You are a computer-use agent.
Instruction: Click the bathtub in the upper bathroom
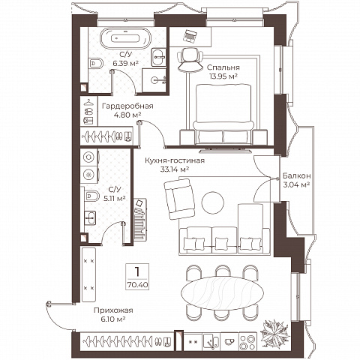click(125, 38)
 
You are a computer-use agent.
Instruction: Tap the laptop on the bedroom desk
click(190, 35)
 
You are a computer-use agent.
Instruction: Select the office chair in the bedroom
click(190, 60)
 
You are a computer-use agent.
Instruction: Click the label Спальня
click(223, 67)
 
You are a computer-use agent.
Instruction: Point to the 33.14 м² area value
click(174, 169)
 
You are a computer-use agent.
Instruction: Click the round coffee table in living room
click(213, 202)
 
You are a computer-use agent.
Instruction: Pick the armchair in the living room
click(179, 198)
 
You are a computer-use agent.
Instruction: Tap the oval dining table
click(222, 292)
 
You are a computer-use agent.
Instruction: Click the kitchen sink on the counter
click(211, 341)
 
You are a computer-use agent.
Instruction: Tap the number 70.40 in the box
click(137, 285)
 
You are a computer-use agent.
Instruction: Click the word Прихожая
click(113, 310)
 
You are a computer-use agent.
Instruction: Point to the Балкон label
click(297, 175)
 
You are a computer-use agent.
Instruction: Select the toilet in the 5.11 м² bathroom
click(91, 196)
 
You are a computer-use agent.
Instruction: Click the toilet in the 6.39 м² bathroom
click(95, 63)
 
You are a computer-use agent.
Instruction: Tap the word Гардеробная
click(127, 106)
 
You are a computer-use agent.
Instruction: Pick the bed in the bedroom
click(223, 114)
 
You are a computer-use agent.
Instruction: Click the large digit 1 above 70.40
click(137, 271)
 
